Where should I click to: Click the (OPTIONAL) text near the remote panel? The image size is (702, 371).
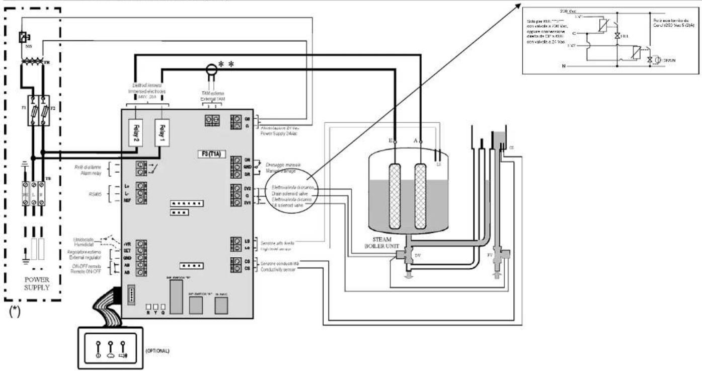159,349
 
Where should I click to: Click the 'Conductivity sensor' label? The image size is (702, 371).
278,269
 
